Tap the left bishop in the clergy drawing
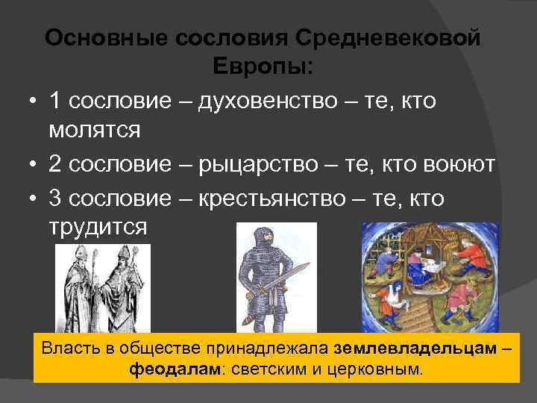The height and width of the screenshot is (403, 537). coord(81,287)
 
